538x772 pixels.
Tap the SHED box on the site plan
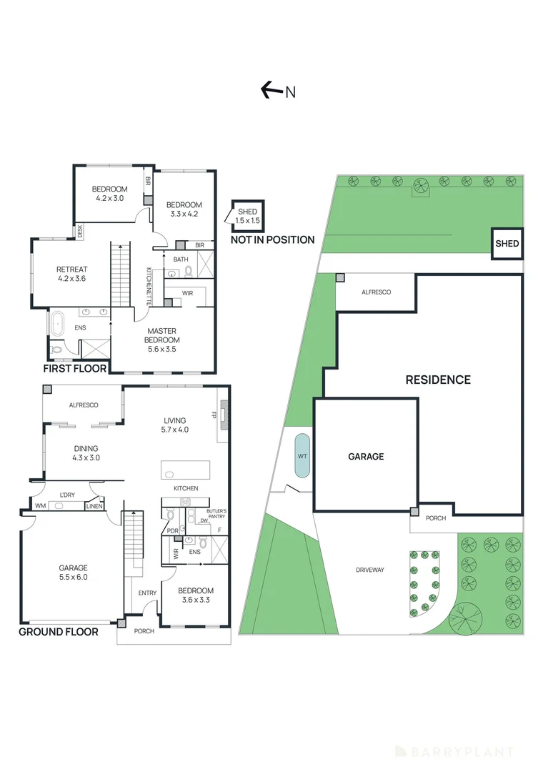tap(507, 244)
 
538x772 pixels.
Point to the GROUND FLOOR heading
tap(58, 631)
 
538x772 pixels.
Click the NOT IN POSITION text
tap(272, 239)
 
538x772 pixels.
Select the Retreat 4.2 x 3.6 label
tap(71, 274)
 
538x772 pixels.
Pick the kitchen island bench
tap(186, 470)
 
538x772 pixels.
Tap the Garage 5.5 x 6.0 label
tap(73, 573)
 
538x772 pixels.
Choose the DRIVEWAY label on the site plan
tap(369, 570)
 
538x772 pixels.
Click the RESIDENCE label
tap(438, 380)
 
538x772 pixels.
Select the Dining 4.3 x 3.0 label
tap(86, 454)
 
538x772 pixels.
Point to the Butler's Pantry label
tap(216, 513)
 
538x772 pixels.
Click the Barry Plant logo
tap(454, 751)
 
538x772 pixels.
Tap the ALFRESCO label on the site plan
tap(376, 292)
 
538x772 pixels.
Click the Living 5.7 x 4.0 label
tap(174, 425)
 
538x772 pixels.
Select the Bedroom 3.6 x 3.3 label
tap(195, 595)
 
